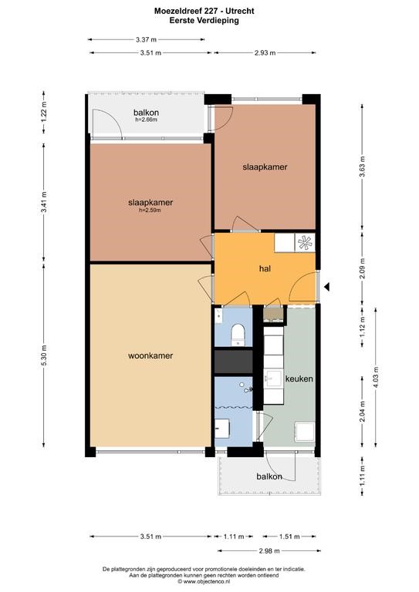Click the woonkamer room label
pos(150,355)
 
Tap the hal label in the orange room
pos(265,269)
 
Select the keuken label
pos(299,378)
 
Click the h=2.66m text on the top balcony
pos(146,119)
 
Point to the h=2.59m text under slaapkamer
pos(150,210)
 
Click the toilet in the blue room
pos(238,334)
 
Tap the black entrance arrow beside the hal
pos(327,287)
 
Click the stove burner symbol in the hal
pos(305,243)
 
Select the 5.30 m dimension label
pos(44,355)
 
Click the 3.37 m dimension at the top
pos(146,39)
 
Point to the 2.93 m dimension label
pos(265,53)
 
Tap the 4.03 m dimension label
pos(376,377)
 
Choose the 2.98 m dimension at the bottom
pos(269,551)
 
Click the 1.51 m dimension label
pos(289,536)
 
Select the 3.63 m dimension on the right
pos(363,166)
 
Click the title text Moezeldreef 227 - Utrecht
pos(204,11)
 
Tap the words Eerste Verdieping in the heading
pos(204,20)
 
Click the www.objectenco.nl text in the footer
pos(206,582)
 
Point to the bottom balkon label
pos(269,476)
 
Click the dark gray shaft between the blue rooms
pos(234,362)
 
